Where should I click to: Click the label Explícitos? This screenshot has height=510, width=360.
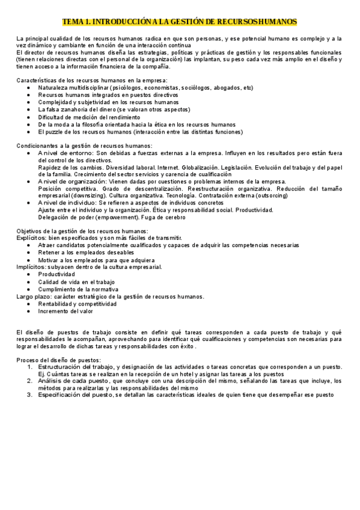pyautogui.click(x=31, y=238)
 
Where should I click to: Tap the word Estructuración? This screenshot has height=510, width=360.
pyautogui.click(x=59, y=366)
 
